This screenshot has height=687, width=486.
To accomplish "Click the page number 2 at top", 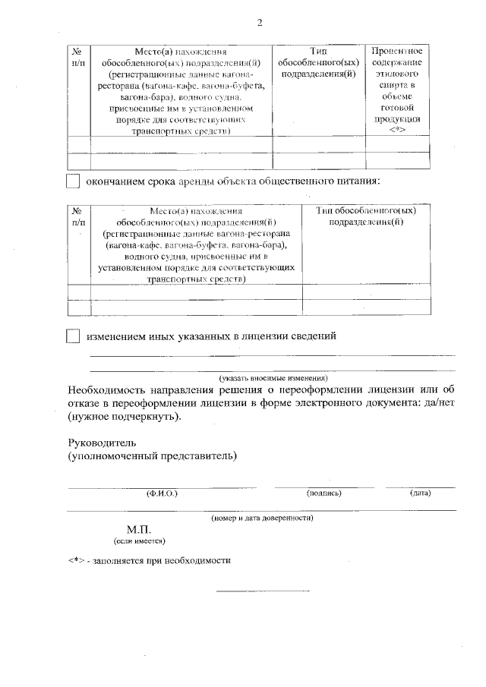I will (x=260, y=24).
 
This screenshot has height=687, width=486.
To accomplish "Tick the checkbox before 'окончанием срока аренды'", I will (x=73, y=181).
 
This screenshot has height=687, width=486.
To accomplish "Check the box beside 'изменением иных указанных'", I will (x=73, y=336).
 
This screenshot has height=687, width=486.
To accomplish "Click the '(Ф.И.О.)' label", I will (x=162, y=493).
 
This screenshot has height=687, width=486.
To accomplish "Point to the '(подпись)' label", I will (x=324, y=493).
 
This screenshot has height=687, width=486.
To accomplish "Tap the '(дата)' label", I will (x=420, y=493).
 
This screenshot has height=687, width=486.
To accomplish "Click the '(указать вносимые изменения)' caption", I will (x=273, y=377).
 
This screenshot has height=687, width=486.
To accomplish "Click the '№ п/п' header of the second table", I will (x=78, y=216).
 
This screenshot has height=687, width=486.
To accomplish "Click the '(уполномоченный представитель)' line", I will (x=152, y=455).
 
